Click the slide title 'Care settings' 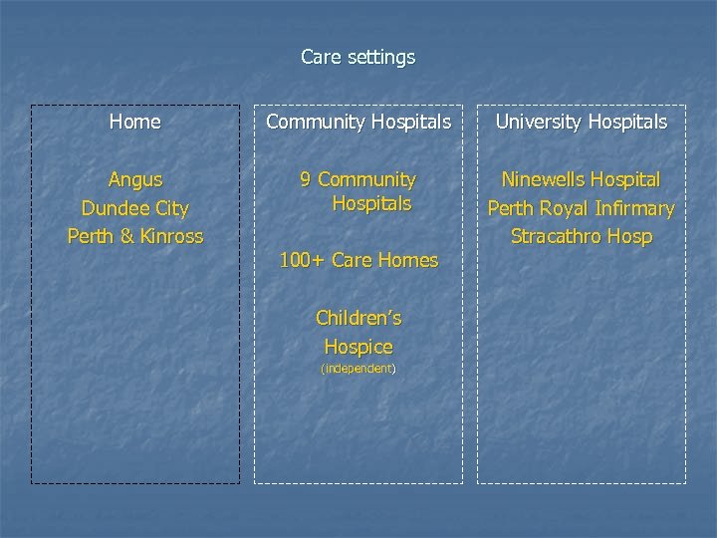[358, 58]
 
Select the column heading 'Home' [134, 123]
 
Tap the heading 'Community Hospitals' [358, 123]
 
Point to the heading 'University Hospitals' [582, 123]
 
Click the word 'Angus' [135, 180]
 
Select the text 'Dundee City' [135, 209]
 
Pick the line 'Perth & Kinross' [135, 237]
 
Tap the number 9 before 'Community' [307, 180]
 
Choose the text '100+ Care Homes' [358, 261]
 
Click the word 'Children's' [358, 319]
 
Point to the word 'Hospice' [358, 348]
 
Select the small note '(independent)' [358, 369]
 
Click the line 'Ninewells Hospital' [582, 180]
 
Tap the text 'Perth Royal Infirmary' [582, 209]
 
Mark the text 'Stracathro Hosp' [582, 237]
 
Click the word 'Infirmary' [634, 209]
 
